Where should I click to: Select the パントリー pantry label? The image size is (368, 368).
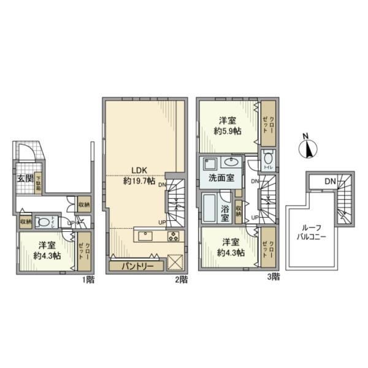(x=137, y=266)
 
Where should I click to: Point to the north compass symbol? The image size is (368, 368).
(x=309, y=148)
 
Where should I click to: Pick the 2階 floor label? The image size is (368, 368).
(x=180, y=279)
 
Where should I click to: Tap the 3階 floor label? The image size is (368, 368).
(x=272, y=277)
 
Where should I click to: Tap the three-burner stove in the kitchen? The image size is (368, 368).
(x=172, y=237)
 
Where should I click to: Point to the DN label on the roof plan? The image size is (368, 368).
(x=330, y=182)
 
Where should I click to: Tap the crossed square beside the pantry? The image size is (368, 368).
(x=174, y=261)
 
